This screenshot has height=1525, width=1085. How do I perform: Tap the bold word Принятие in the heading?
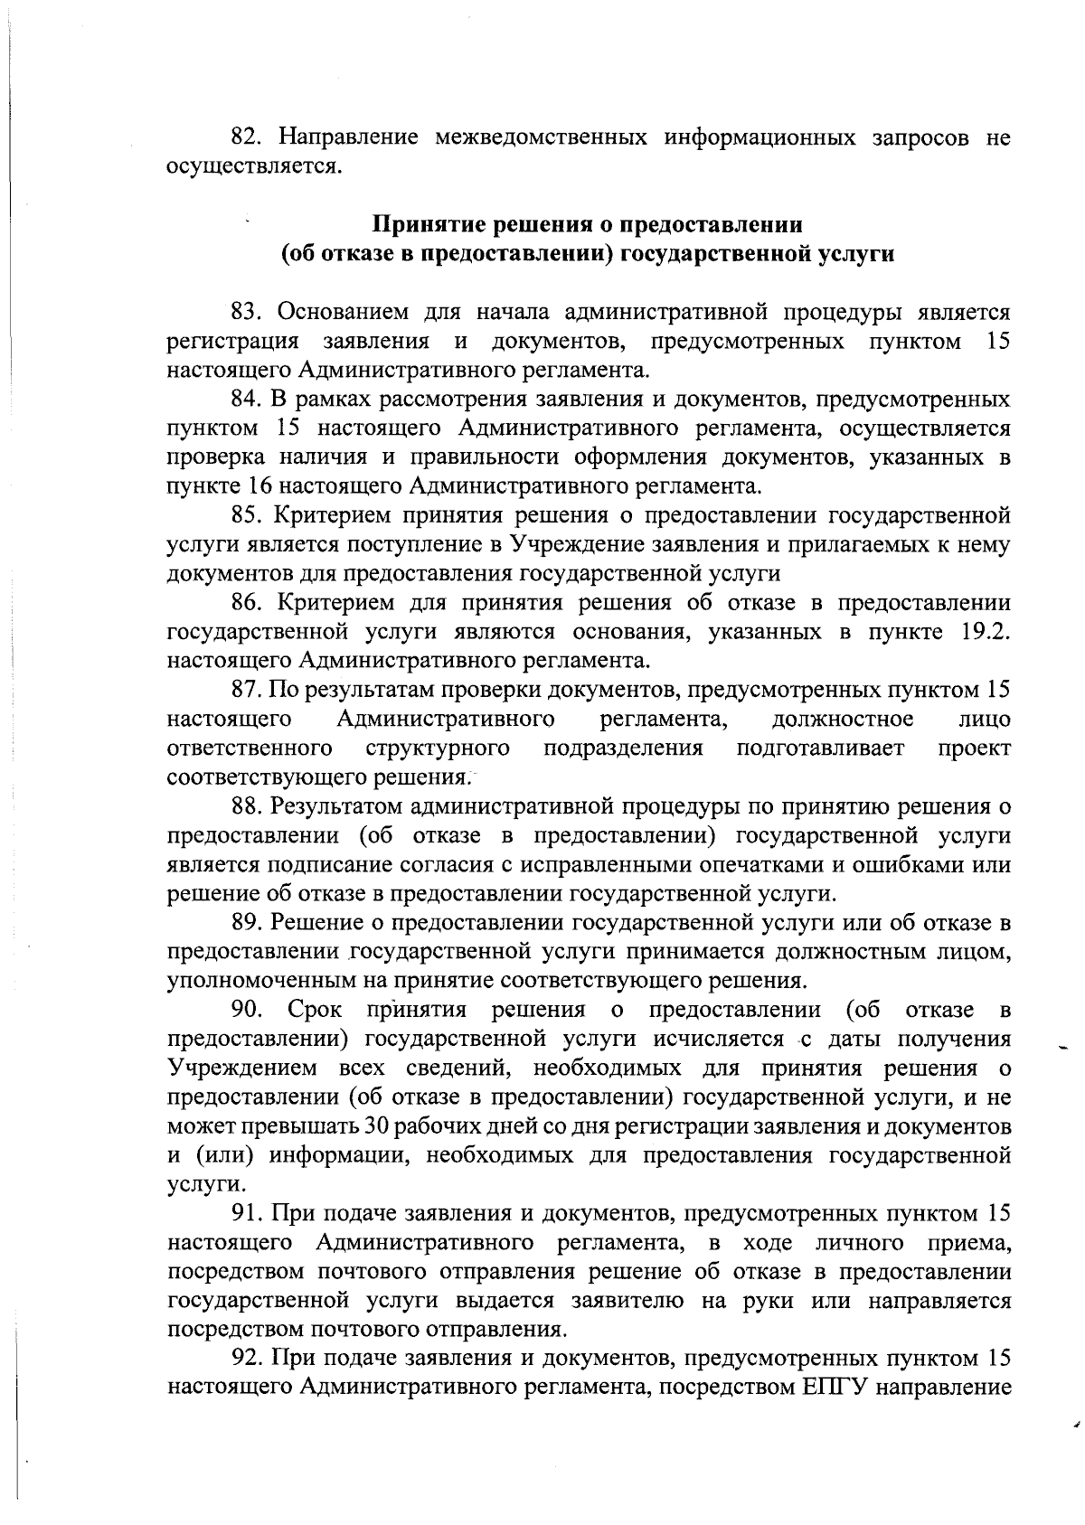(424, 223)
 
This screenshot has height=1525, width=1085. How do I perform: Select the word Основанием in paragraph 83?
(341, 313)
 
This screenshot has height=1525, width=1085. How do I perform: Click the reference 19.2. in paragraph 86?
(980, 632)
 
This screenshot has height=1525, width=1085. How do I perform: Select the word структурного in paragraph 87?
(439, 748)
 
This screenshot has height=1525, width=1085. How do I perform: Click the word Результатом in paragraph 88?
(340, 806)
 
